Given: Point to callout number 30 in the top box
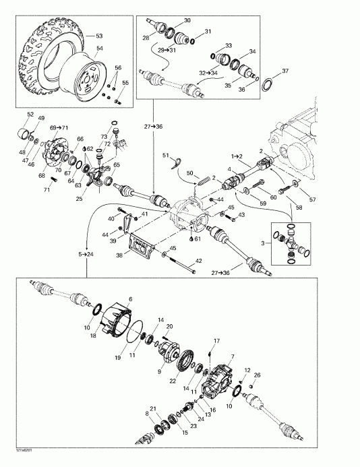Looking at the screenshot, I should click(187, 21).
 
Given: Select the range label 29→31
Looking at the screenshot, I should click(167, 51).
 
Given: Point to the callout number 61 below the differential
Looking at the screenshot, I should click(197, 238).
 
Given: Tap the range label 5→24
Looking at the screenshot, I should click(87, 253).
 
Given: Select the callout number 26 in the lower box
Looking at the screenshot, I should click(258, 375).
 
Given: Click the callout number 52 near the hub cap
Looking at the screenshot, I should click(30, 113).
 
